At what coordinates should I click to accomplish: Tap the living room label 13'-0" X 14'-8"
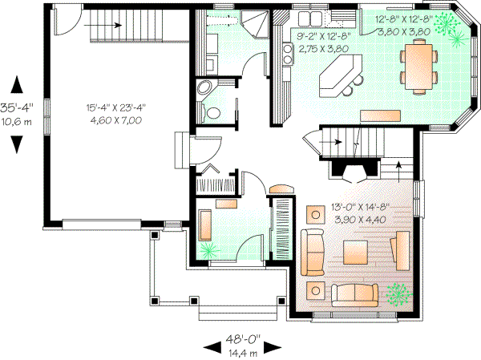[x=359, y=207]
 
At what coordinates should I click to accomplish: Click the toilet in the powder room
[x=212, y=113]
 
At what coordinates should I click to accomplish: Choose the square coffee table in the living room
[x=354, y=252]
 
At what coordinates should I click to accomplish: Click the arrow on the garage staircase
[x=117, y=24]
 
